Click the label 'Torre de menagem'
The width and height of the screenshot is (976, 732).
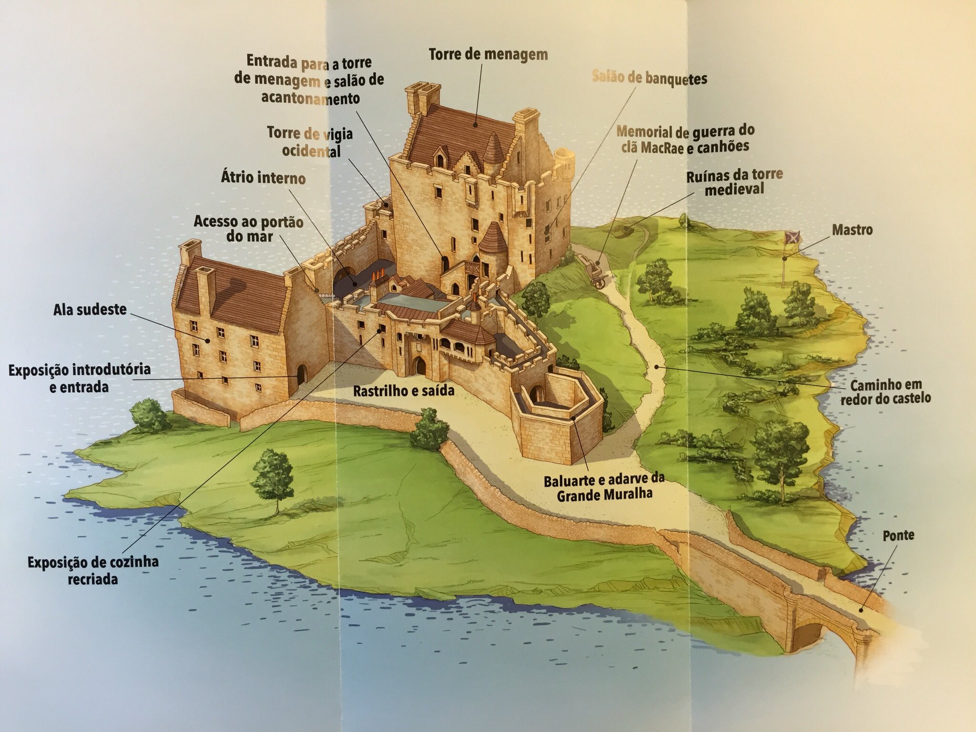488,54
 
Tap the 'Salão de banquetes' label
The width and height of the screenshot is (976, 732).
650,78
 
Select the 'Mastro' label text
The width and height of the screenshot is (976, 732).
852,230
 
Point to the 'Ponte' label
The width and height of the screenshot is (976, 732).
898,535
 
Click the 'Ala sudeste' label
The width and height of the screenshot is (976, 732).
90,310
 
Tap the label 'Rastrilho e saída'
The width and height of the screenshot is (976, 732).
403,392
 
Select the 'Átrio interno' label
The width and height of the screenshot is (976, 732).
263,178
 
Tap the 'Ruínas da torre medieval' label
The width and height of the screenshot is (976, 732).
734,182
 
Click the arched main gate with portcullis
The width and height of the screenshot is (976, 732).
420,366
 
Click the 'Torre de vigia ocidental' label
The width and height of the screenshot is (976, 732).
310,142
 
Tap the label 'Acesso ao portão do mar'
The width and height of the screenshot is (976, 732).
248,229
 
